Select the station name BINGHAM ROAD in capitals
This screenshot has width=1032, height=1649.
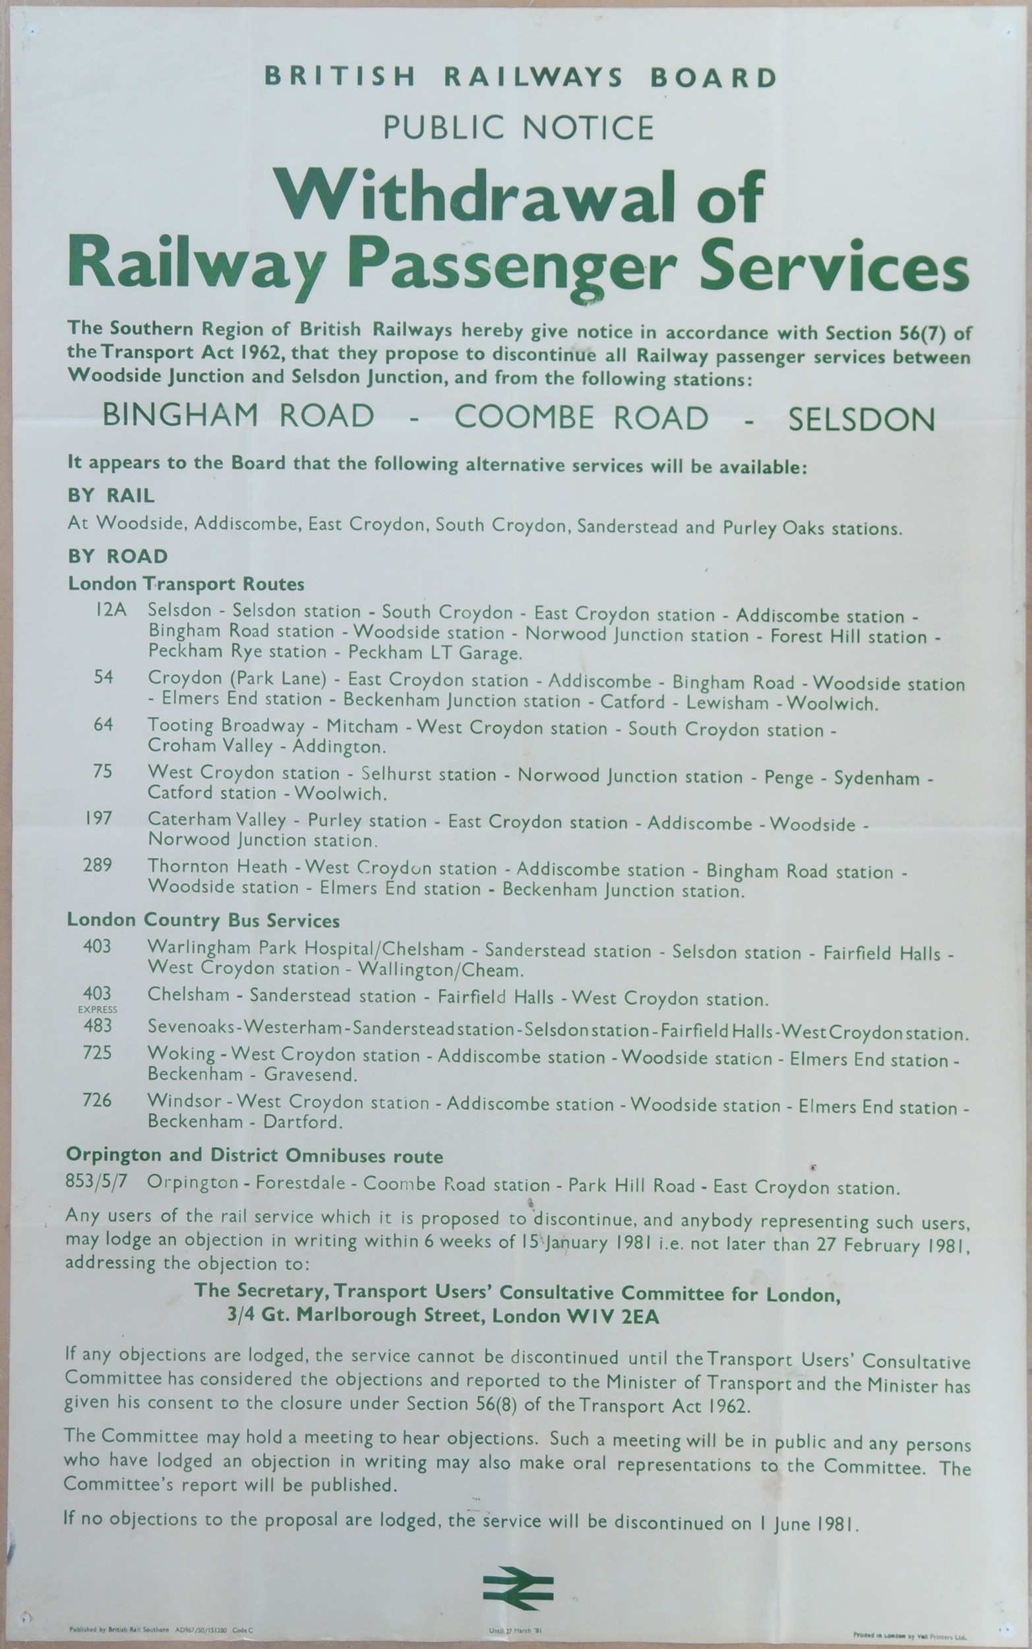(238, 416)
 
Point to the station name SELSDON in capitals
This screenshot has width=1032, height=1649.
(861, 420)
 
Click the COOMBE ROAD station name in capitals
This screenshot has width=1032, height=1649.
(582, 418)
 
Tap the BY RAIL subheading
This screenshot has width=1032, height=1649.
(111, 495)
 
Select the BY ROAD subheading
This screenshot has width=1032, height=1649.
(117, 556)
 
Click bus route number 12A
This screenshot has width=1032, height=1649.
(111, 610)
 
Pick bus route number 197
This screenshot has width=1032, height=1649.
(98, 818)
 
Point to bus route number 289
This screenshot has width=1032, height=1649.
(98, 865)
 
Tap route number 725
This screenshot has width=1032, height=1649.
(97, 1053)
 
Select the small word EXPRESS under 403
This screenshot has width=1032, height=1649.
(98, 1009)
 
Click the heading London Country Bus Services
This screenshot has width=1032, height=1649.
(202, 920)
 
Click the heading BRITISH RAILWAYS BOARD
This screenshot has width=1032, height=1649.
(520, 77)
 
